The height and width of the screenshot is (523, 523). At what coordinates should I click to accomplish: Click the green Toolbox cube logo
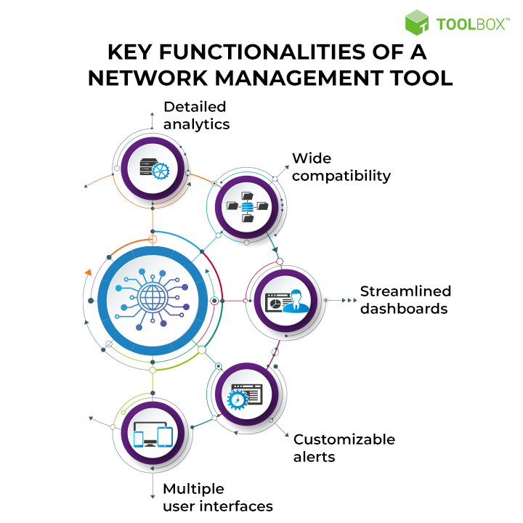pyautogui.click(x=417, y=23)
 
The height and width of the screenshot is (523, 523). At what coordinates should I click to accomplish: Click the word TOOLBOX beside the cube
pyautogui.click(x=473, y=25)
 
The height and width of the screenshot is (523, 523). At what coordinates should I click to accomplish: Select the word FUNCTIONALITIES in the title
pyautogui.click(x=262, y=52)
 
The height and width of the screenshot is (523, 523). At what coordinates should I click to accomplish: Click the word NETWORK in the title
pyautogui.click(x=148, y=78)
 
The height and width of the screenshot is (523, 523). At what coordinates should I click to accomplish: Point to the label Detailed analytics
pyautogui.click(x=196, y=115)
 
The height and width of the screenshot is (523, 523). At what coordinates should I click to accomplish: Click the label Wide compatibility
pyautogui.click(x=341, y=167)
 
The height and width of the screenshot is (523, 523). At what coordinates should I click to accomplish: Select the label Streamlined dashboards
pyautogui.click(x=405, y=300)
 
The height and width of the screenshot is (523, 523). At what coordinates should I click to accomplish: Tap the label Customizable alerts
pyautogui.click(x=344, y=448)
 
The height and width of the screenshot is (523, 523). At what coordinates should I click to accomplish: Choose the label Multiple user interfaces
pyautogui.click(x=218, y=498)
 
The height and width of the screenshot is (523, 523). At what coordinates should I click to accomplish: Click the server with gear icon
pyautogui.click(x=155, y=169)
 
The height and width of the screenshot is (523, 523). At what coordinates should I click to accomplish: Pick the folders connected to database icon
pyautogui.click(x=248, y=207)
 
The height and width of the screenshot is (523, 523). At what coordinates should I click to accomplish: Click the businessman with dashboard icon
pyautogui.click(x=287, y=301)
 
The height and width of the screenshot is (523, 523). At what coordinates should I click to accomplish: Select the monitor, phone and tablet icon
pyautogui.click(x=153, y=434)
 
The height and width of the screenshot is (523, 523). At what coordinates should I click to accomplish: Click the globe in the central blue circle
pyautogui.click(x=153, y=296)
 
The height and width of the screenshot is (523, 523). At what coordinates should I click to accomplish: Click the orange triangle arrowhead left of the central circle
pyautogui.click(x=89, y=272)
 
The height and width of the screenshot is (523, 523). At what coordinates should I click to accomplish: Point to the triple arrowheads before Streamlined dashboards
pyautogui.click(x=349, y=301)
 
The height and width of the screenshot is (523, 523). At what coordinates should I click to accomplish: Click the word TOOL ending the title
pyautogui.click(x=421, y=78)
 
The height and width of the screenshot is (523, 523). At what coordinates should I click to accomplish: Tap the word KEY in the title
pyautogui.click(x=130, y=52)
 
